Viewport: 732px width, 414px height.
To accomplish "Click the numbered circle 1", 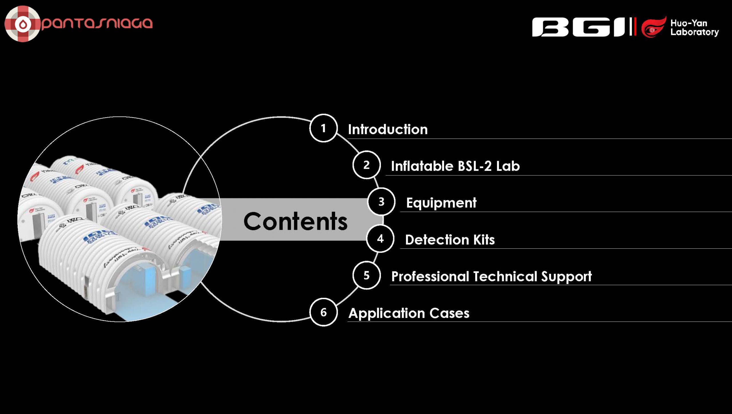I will coord(323,128).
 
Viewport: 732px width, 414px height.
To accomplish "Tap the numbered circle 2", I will coord(366,165).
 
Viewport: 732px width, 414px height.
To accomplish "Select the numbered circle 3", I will coord(381,202).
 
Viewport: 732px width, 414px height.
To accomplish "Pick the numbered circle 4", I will coord(380,239).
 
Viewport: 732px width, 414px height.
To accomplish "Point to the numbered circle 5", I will coord(366,275).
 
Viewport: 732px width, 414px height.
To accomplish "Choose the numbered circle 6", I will coord(323,312).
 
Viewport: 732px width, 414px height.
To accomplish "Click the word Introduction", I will coord(388,129).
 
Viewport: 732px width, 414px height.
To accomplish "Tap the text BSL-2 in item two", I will coord(475,166).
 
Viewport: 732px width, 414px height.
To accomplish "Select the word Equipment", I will coord(441,203).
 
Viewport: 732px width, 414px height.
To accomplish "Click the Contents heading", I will coord(295,221).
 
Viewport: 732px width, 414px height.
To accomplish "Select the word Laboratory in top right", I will coord(695,32).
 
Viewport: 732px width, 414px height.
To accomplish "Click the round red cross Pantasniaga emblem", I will coord(23,24).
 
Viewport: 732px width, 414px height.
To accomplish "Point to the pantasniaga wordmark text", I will coord(97,23).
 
